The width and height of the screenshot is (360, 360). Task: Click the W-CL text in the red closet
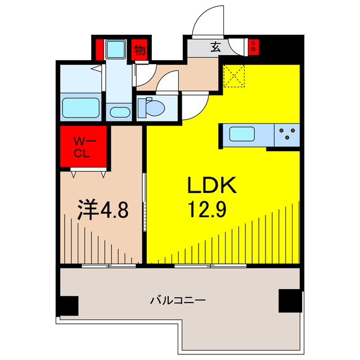(x=83, y=146)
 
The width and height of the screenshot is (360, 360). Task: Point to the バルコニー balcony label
(x=177, y=300)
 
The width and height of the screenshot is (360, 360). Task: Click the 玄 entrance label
(x=215, y=48)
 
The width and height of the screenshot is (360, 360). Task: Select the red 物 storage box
(x=139, y=50)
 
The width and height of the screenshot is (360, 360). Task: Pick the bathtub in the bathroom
(x=80, y=107)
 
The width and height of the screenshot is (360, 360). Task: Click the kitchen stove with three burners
(x=288, y=134)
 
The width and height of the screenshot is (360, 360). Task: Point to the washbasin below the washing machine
(x=119, y=111)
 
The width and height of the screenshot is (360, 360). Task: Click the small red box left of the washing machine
(x=99, y=49)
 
